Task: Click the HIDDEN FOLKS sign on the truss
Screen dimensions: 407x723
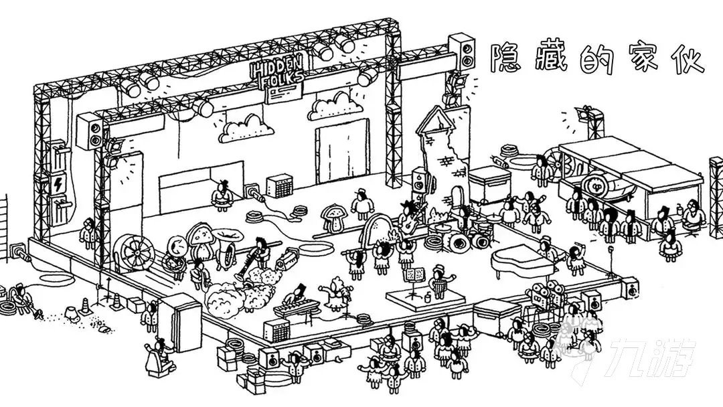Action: [x=276, y=72]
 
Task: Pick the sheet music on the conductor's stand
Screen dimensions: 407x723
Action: [x=414, y=274]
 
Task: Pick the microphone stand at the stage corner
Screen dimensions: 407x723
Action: [x=612, y=260]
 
